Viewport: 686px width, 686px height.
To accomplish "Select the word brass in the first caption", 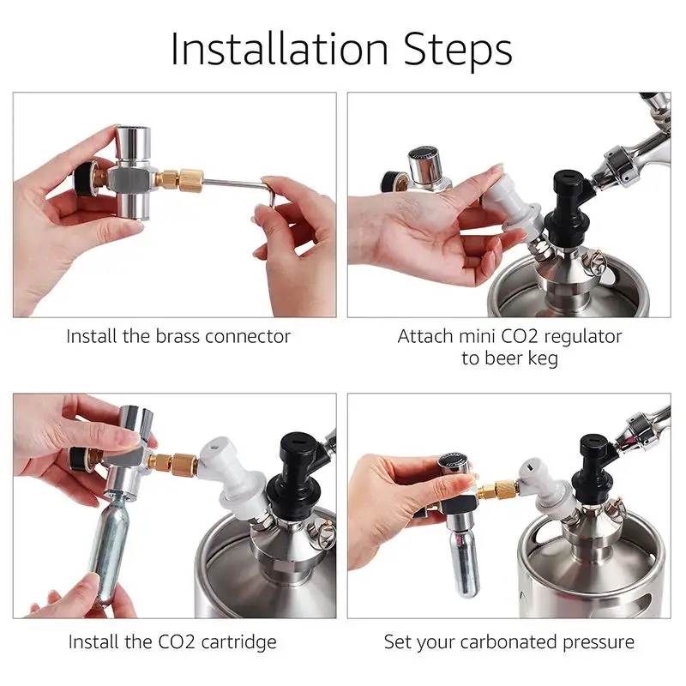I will click(x=188, y=336).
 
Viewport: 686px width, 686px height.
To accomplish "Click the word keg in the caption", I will click(x=541, y=358).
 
